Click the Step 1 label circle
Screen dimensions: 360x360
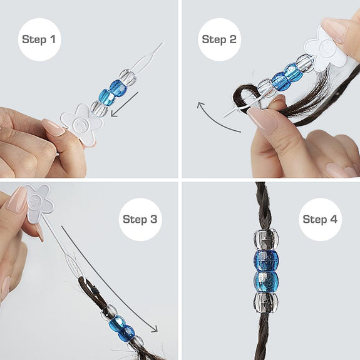(39, 39)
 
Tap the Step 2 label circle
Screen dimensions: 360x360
(219, 39)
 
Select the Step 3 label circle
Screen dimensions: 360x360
(140, 219)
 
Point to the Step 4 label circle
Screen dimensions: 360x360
(320, 219)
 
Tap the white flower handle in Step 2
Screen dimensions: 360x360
(325, 49)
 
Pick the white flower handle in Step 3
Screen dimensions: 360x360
(39, 203)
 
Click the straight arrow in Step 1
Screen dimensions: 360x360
(125, 105)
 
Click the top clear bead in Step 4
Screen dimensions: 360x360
(266, 239)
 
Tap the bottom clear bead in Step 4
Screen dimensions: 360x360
(265, 302)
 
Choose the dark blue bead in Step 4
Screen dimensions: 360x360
(266, 260)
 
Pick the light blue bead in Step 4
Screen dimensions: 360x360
(266, 282)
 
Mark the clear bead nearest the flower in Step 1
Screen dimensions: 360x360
(99, 108)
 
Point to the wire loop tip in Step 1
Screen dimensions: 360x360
(163, 43)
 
